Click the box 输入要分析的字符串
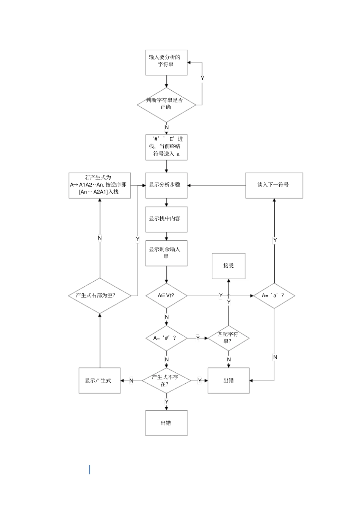click(x=166, y=63)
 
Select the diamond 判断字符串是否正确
click(x=166, y=105)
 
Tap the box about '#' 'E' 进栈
click(x=166, y=147)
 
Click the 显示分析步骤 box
click(x=166, y=185)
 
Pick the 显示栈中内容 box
click(x=166, y=219)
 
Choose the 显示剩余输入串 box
click(x=166, y=253)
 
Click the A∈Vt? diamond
click(x=166, y=296)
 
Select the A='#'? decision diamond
click(x=166, y=338)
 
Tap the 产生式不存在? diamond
click(x=166, y=380)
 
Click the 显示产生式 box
click(x=100, y=380)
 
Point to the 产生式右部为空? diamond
click(x=100, y=296)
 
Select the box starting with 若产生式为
click(x=100, y=185)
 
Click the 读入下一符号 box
click(x=274, y=185)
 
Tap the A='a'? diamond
click(x=274, y=296)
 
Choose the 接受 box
click(x=229, y=266)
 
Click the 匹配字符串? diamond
click(x=229, y=338)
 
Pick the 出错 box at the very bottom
click(x=166, y=423)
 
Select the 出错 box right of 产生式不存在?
click(x=229, y=380)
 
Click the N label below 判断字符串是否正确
click(x=167, y=127)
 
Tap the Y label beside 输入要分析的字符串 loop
click(x=202, y=78)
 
